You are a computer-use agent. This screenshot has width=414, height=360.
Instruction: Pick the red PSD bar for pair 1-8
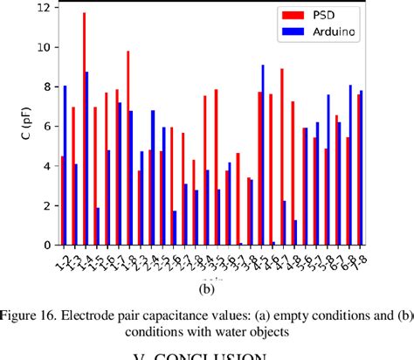tap(128, 148)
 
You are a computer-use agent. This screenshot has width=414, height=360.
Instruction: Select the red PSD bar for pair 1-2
tap(61, 200)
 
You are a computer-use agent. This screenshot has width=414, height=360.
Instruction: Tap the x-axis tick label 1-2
tap(59, 260)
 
